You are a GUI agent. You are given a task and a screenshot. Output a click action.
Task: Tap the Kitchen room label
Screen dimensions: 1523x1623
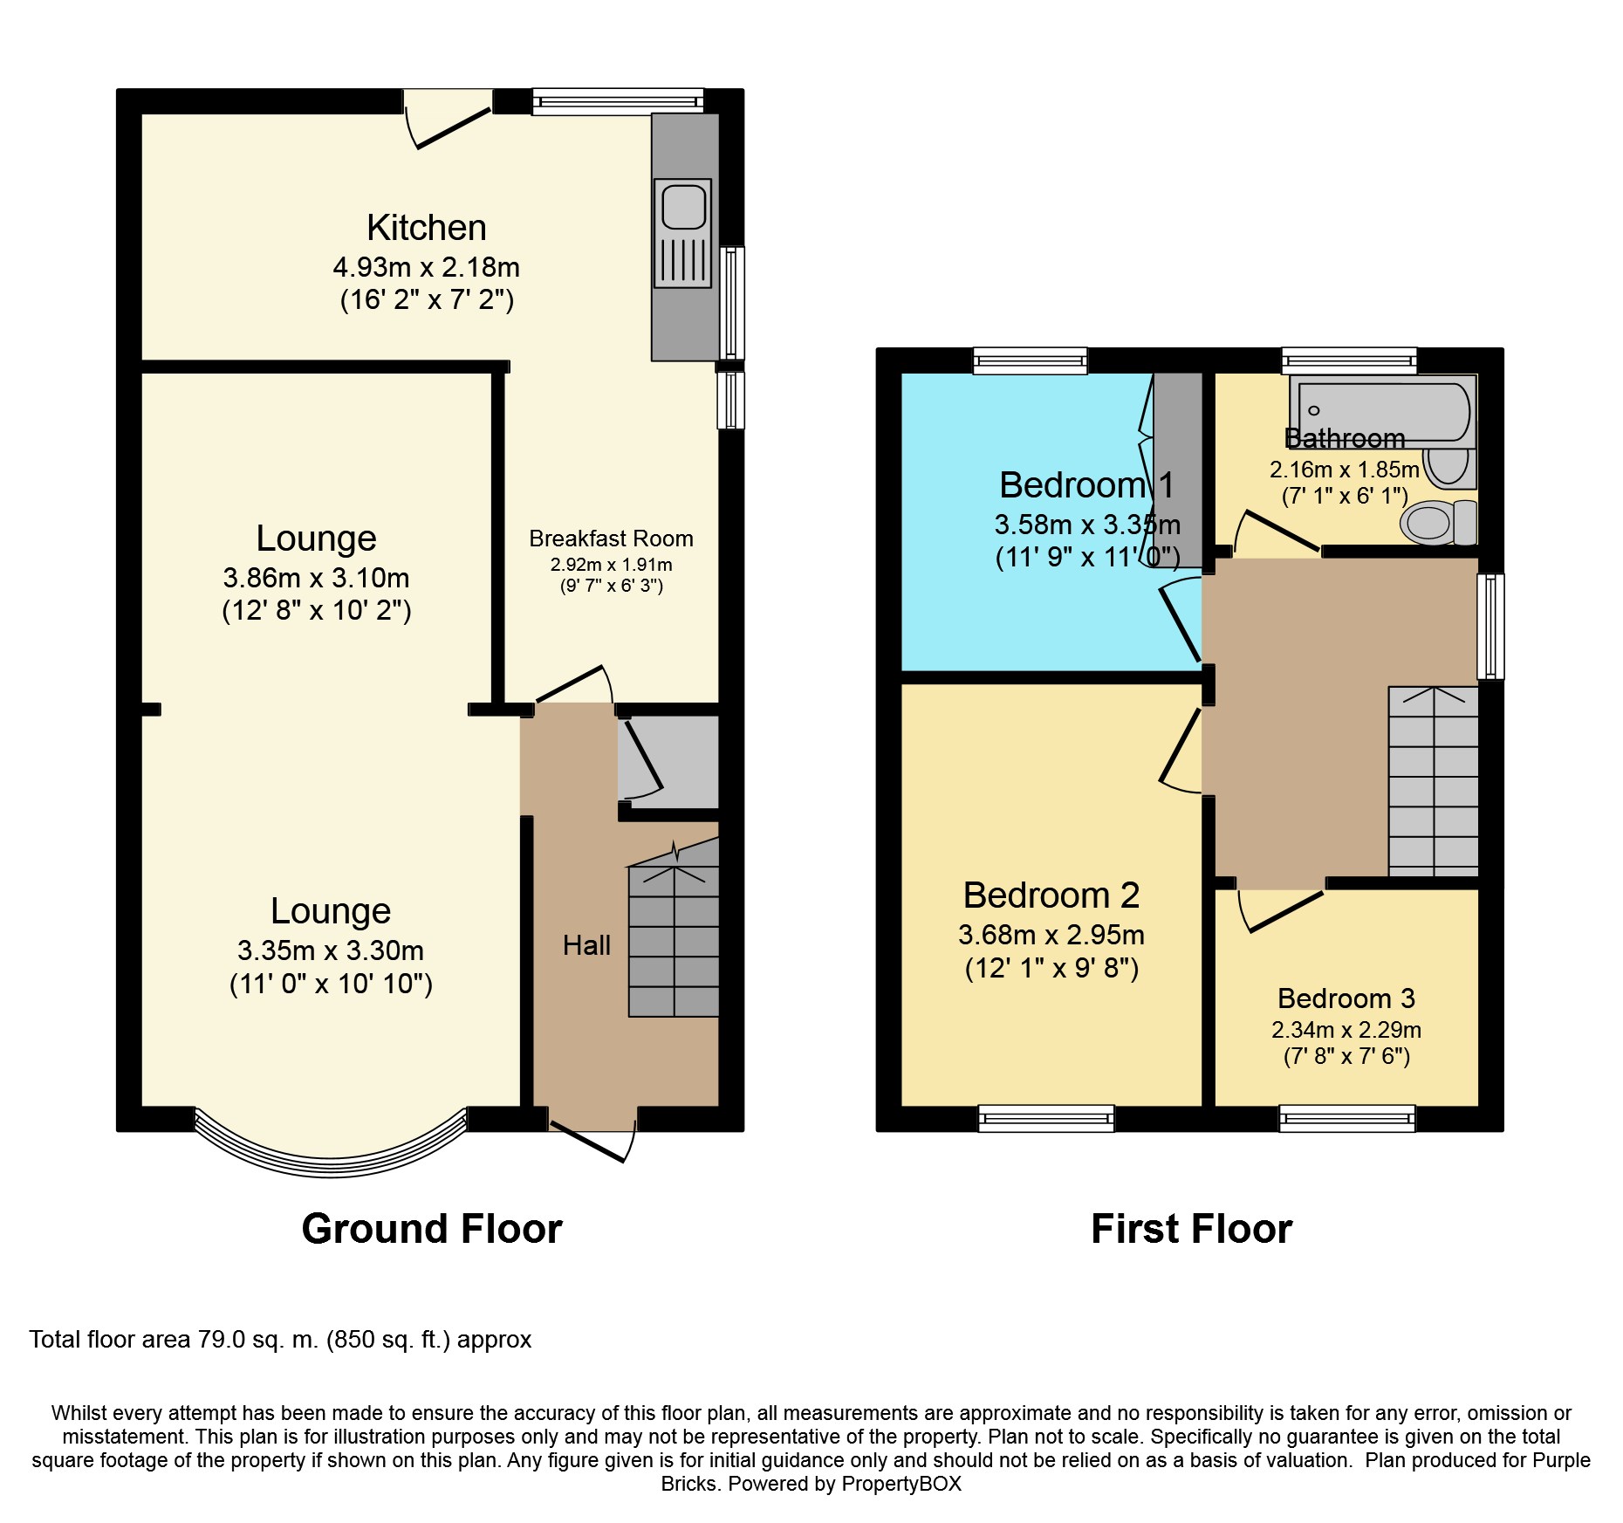[x=426, y=228]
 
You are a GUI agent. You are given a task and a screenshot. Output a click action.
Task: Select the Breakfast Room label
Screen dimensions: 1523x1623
[x=611, y=539]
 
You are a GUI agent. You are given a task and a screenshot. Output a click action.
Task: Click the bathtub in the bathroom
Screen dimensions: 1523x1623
[x=1384, y=410]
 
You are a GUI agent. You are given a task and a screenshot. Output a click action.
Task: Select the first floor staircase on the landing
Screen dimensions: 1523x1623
[x=1433, y=782]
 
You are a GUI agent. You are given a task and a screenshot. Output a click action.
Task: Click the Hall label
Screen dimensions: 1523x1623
[x=586, y=945]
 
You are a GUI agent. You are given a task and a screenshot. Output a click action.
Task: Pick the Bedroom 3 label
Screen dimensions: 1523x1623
[x=1346, y=998]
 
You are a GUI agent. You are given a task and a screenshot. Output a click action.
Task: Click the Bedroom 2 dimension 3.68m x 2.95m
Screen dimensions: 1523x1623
[x=1051, y=935]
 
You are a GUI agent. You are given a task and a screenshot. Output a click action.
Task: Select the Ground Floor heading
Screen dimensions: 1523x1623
[x=432, y=1229]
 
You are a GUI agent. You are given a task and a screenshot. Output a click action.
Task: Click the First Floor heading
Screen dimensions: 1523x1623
[x=1191, y=1229]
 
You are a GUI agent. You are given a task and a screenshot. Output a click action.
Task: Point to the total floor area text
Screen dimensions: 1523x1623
[x=280, y=1340]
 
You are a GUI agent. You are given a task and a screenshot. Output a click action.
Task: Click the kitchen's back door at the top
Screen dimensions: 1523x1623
[x=449, y=127]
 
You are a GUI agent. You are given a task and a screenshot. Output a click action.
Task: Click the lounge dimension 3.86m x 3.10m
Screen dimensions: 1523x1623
[x=316, y=578]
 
